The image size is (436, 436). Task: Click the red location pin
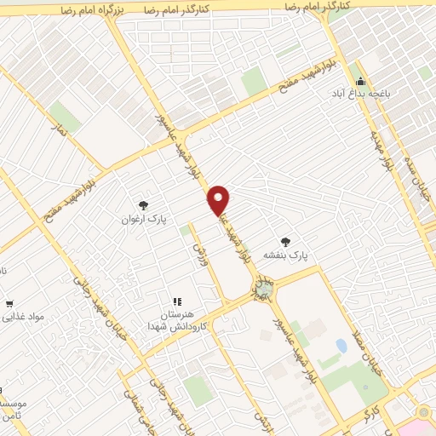pyautogui.click(x=220, y=201)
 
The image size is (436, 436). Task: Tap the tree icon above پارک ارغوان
pyautogui.click(x=143, y=205)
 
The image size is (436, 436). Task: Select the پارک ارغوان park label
pyautogui.click(x=143, y=220)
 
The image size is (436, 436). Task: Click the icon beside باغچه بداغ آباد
pyautogui.click(x=360, y=83)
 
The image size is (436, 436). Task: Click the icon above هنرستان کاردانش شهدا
pyautogui.click(x=178, y=301)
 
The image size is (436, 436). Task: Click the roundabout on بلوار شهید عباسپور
pyautogui.click(x=265, y=291)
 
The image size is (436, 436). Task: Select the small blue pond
pyautogui.click(x=341, y=346)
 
